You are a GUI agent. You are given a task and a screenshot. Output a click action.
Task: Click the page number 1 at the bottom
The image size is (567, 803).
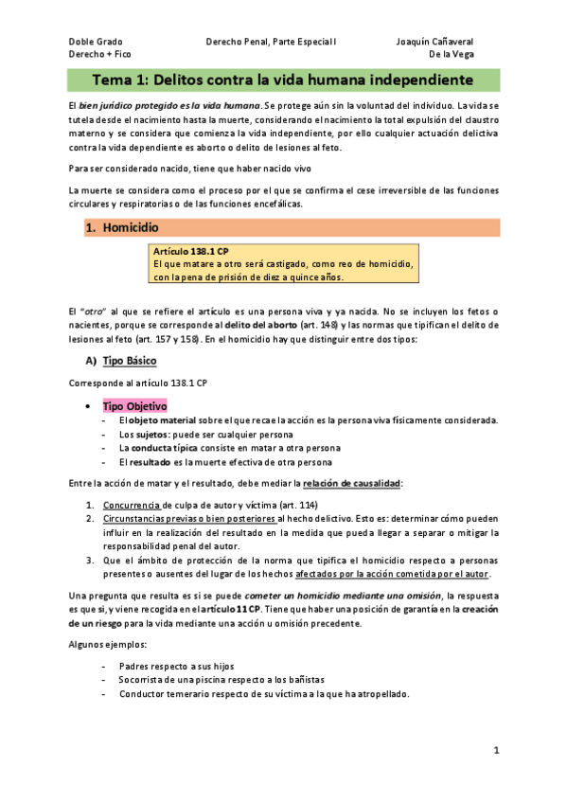coord(496,750)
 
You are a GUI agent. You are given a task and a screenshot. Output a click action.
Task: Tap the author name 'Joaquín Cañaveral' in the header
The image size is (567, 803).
coord(434,42)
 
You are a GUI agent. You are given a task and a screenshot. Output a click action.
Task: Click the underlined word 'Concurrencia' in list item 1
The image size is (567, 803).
coord(133,505)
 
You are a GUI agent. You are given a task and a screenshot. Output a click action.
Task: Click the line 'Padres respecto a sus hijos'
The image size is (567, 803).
coord(176,666)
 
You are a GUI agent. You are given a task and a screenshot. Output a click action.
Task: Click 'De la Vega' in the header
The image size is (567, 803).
coord(451,55)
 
